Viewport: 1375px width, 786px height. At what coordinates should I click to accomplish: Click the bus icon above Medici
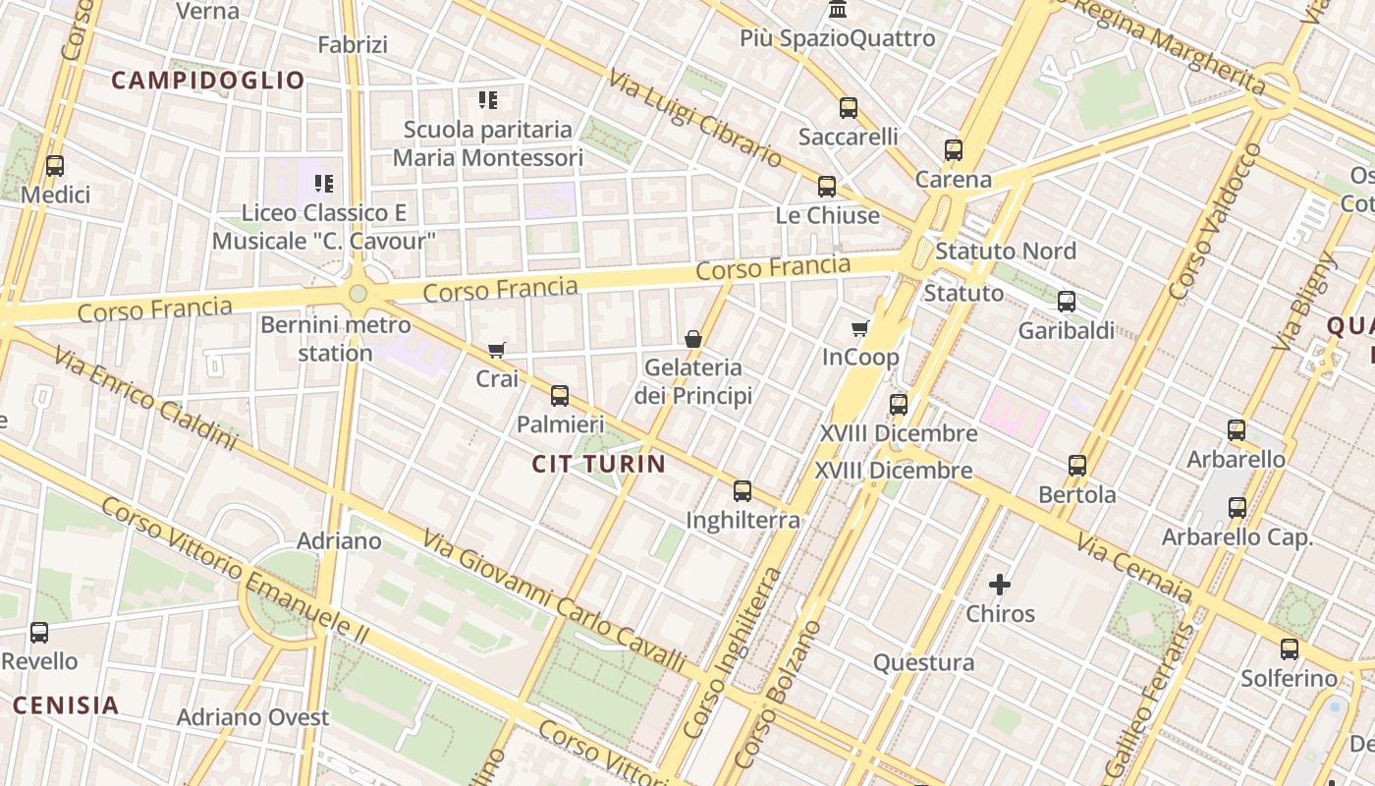pos(55,166)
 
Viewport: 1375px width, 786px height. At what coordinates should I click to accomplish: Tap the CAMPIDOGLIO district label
pos(208,81)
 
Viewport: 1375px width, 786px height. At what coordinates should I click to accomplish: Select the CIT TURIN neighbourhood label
pos(599,464)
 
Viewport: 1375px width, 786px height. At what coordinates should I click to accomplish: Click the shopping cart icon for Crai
pos(497,350)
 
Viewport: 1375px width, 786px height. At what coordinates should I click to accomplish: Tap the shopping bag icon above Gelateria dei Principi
pos(693,339)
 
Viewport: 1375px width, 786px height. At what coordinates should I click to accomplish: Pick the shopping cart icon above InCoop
pos(860,328)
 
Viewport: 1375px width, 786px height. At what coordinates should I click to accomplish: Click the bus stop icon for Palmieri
pos(560,396)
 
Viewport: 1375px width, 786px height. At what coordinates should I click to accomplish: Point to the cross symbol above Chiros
pos(1000,585)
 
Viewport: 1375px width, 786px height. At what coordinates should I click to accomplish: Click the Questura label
pos(924,662)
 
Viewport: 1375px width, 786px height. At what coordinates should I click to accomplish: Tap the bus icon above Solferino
pos(1290,649)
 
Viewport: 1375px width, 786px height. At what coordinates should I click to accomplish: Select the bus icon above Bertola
pos(1077,466)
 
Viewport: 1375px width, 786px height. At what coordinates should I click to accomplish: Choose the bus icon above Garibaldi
pos(1067,302)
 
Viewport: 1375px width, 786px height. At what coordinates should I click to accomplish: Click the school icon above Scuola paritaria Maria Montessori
pos(488,99)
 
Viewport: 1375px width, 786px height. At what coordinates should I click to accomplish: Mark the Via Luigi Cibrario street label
pos(694,118)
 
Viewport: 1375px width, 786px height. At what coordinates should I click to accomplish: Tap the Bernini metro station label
pos(336,338)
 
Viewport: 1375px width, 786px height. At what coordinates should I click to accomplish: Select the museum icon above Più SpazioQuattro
pos(838,10)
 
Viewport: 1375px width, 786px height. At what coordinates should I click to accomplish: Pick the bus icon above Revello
pos(39,633)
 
